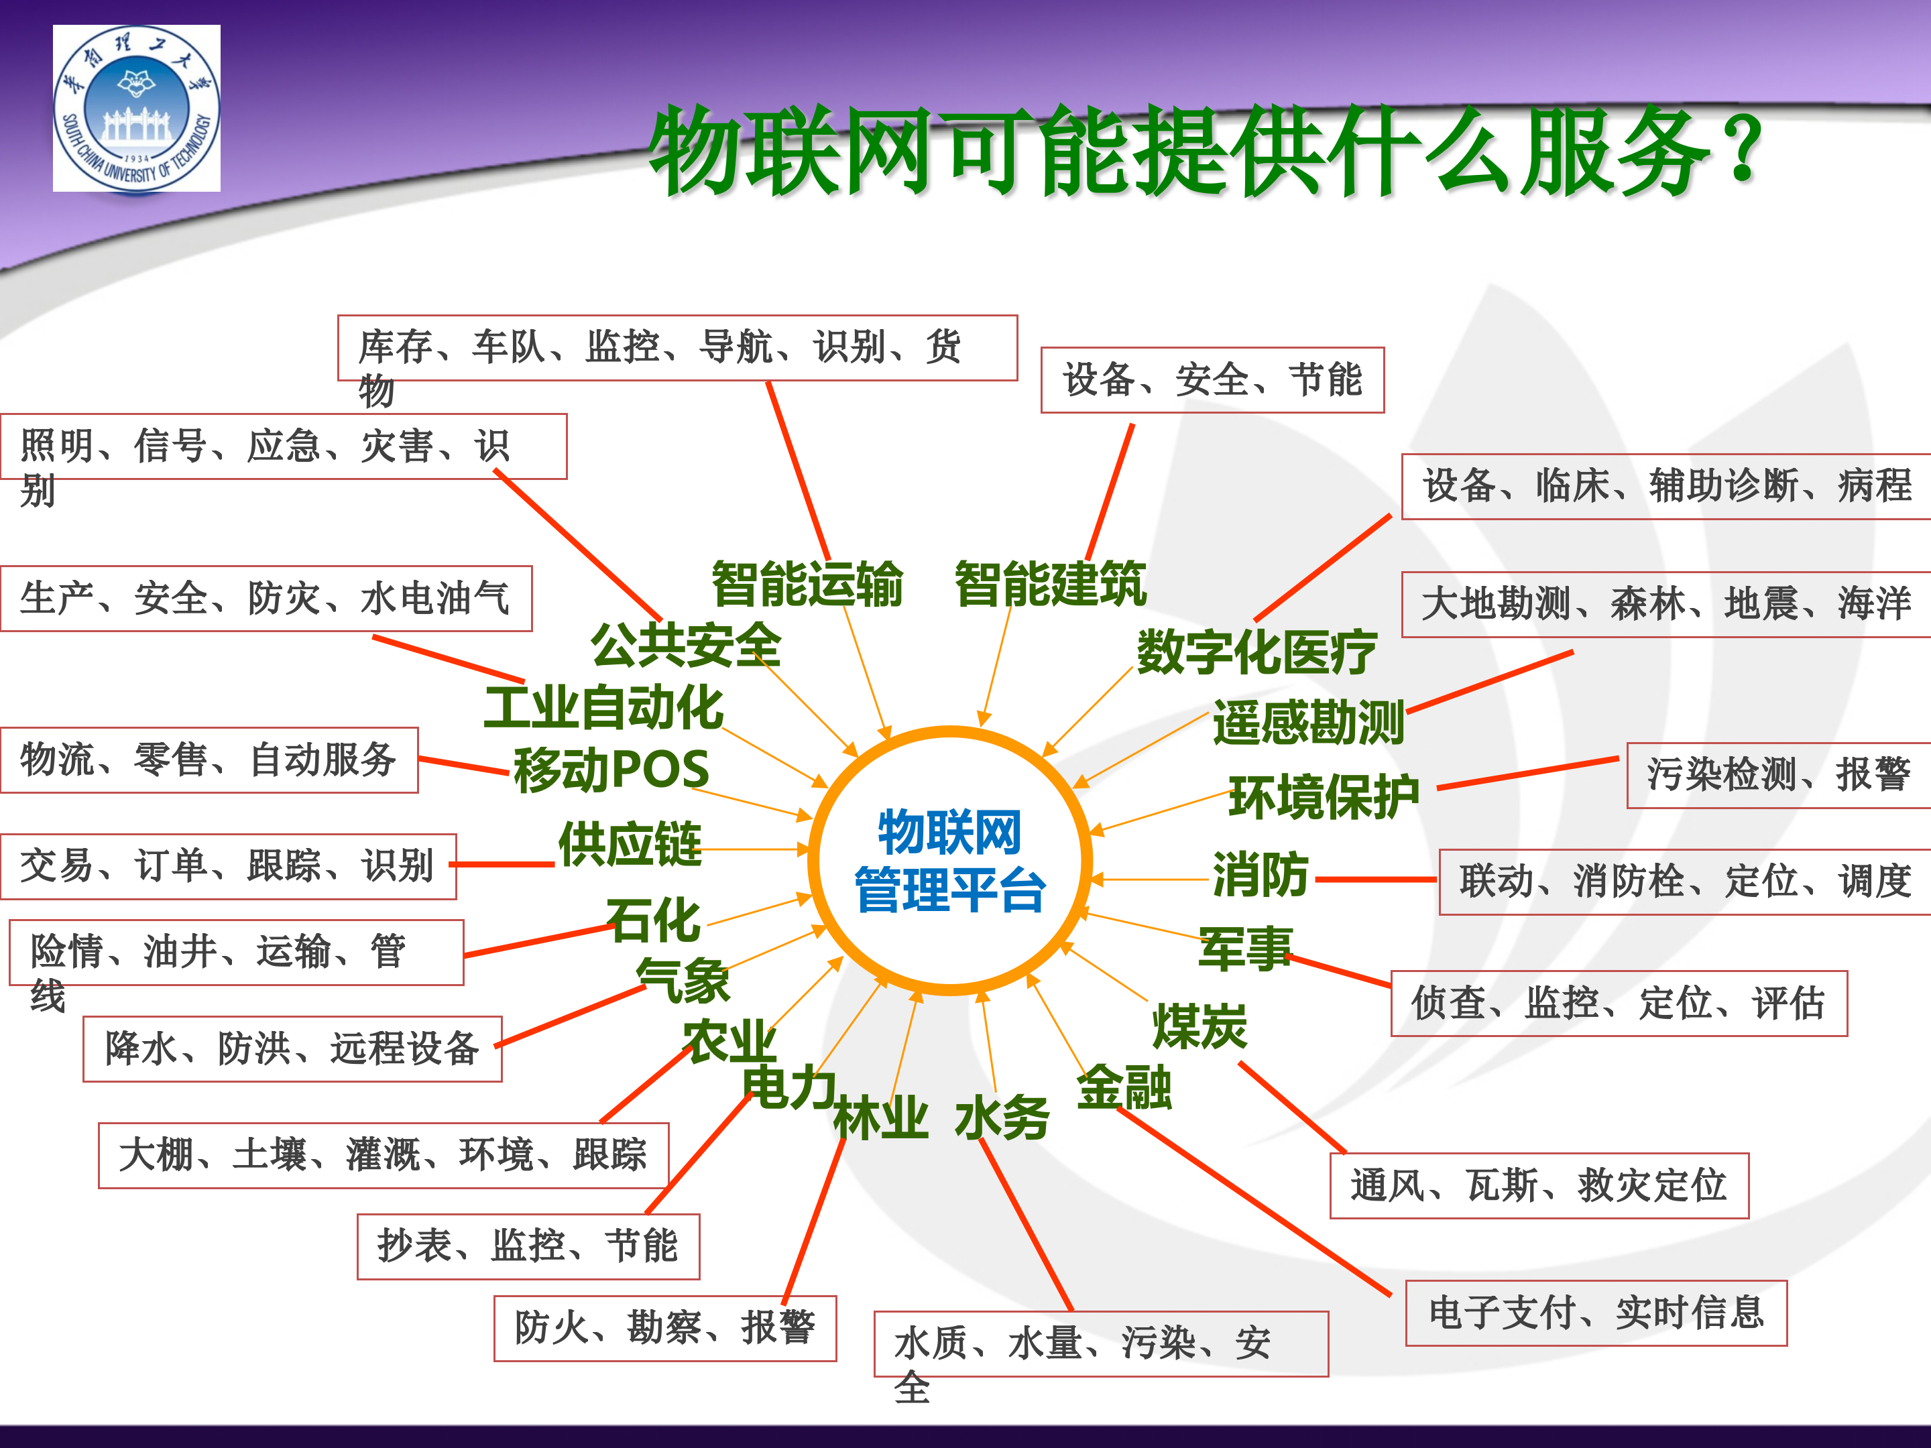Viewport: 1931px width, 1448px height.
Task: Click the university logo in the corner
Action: (136, 108)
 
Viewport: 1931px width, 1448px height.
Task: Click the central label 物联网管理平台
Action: (950, 861)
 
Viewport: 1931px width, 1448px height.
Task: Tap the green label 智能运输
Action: (807, 584)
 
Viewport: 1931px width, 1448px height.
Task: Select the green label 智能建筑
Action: (1050, 584)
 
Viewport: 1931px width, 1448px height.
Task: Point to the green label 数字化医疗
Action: (1256, 651)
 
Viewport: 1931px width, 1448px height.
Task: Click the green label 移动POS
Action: (611, 770)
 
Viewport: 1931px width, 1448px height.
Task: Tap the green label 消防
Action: (1261, 875)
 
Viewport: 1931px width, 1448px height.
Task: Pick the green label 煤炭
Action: (1199, 1026)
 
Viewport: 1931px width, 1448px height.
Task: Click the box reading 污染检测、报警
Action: (1778, 775)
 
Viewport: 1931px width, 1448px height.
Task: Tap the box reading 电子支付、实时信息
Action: (1596, 1313)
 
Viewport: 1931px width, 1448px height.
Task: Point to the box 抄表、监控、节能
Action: (528, 1246)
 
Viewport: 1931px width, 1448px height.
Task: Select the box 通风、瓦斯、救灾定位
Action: (1538, 1185)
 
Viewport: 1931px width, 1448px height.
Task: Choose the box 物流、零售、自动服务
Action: (209, 760)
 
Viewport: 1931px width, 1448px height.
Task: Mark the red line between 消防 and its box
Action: (1376, 880)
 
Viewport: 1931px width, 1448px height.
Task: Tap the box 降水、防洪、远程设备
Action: (292, 1049)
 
